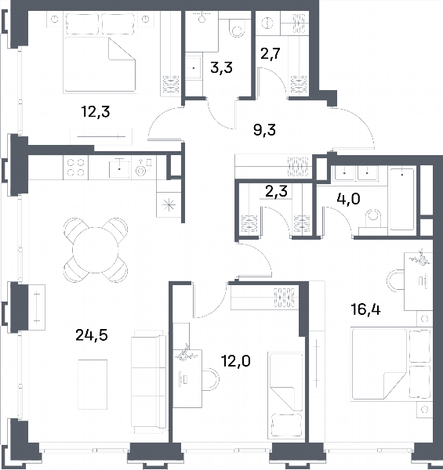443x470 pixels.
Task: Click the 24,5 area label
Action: click(92, 335)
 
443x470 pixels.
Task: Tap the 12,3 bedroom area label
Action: click(96, 112)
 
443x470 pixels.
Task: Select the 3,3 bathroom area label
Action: click(221, 68)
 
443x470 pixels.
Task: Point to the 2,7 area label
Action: click(270, 53)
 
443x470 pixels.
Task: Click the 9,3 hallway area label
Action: click(264, 130)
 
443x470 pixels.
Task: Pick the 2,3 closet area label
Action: click(276, 191)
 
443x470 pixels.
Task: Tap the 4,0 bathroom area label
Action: click(349, 199)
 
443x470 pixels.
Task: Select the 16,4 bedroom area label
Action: click(365, 309)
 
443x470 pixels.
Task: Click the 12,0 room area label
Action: click(235, 361)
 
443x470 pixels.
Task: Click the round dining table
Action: click(96, 250)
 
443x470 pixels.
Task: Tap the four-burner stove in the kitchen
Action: click(75, 168)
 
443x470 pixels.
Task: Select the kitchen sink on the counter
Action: click(119, 168)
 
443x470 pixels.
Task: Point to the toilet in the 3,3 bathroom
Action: click(237, 28)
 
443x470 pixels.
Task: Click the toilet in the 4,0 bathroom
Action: click(372, 221)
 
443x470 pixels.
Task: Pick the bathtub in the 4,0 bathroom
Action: click(402, 199)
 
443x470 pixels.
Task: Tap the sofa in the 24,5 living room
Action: click(149, 381)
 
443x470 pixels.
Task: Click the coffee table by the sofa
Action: click(93, 385)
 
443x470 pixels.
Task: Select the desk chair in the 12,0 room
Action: click(211, 379)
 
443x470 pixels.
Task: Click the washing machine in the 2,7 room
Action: click(267, 23)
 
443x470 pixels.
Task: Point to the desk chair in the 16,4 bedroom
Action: click(395, 280)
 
